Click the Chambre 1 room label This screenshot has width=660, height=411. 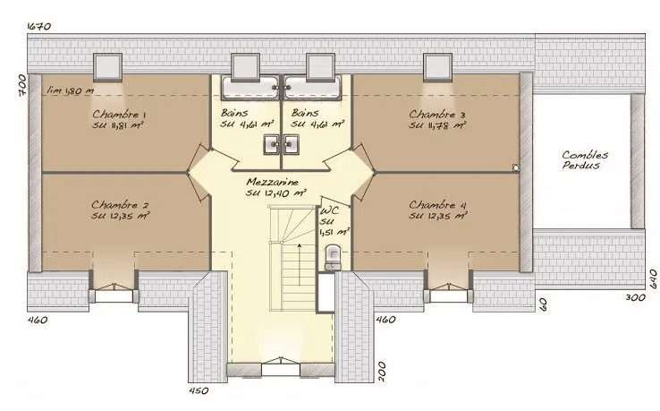(x=120, y=115)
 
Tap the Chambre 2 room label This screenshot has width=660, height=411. (x=121, y=205)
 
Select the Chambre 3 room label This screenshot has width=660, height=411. (x=437, y=115)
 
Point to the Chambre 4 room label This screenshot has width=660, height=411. (x=437, y=205)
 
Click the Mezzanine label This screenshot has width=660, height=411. (x=273, y=182)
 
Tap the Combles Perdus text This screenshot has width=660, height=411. (x=585, y=160)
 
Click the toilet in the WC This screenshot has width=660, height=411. (x=333, y=258)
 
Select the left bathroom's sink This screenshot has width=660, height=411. (x=272, y=144)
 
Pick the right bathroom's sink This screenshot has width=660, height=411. (x=291, y=144)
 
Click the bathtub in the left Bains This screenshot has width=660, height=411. (x=250, y=88)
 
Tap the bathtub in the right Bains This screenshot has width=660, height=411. (x=312, y=88)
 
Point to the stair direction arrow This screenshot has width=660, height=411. (x=300, y=264)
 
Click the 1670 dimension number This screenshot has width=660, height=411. (x=39, y=26)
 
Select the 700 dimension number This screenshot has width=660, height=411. (x=22, y=86)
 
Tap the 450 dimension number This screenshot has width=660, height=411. (x=199, y=390)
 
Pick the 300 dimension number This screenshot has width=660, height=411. (x=636, y=297)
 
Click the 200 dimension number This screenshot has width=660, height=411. (x=381, y=372)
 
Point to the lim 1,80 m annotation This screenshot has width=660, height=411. (x=71, y=90)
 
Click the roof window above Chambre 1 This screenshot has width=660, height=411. (x=107, y=67)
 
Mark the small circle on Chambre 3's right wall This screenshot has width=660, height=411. (x=516, y=167)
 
